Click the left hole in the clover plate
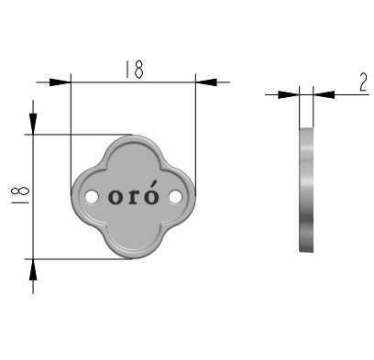click(x=92, y=197)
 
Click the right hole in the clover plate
click(x=175, y=197)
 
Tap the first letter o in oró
click(x=115, y=197)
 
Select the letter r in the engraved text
click(x=133, y=197)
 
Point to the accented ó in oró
click(x=151, y=192)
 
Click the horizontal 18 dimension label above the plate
click(x=134, y=70)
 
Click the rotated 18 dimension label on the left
click(x=20, y=195)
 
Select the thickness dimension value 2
click(x=363, y=82)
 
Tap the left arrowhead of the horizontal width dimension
click(x=60, y=82)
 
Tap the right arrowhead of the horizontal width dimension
click(x=206, y=82)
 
